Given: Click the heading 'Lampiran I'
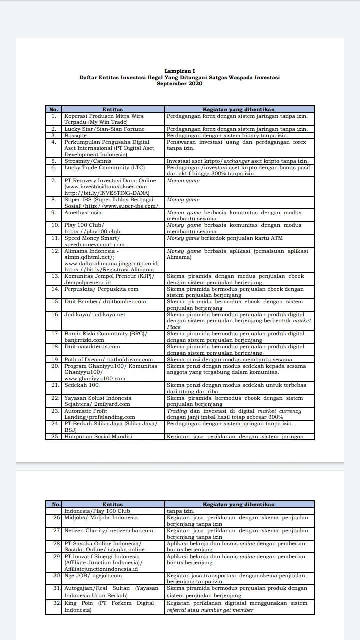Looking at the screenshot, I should pyautogui.click(x=180, y=71).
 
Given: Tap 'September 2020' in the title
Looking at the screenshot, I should pyautogui.click(x=180, y=83).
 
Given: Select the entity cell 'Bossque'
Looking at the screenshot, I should pyautogui.click(x=76, y=135).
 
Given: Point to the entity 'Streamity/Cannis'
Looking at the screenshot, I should pyautogui.click(x=88, y=161).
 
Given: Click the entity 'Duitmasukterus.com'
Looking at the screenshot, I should pyautogui.click(x=92, y=346).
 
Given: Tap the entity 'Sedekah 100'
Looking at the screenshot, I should pyautogui.click(x=81, y=385).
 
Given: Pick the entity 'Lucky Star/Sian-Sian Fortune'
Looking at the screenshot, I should pyautogui.click(x=104, y=129).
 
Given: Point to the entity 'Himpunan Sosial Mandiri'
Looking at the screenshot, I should pyautogui.click(x=98, y=436).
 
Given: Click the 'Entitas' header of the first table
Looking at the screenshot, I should pyautogui.click(x=113, y=109).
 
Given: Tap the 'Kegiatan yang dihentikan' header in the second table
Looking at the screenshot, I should pyautogui.click(x=239, y=504).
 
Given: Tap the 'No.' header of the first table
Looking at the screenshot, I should pyautogui.click(x=54, y=109).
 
